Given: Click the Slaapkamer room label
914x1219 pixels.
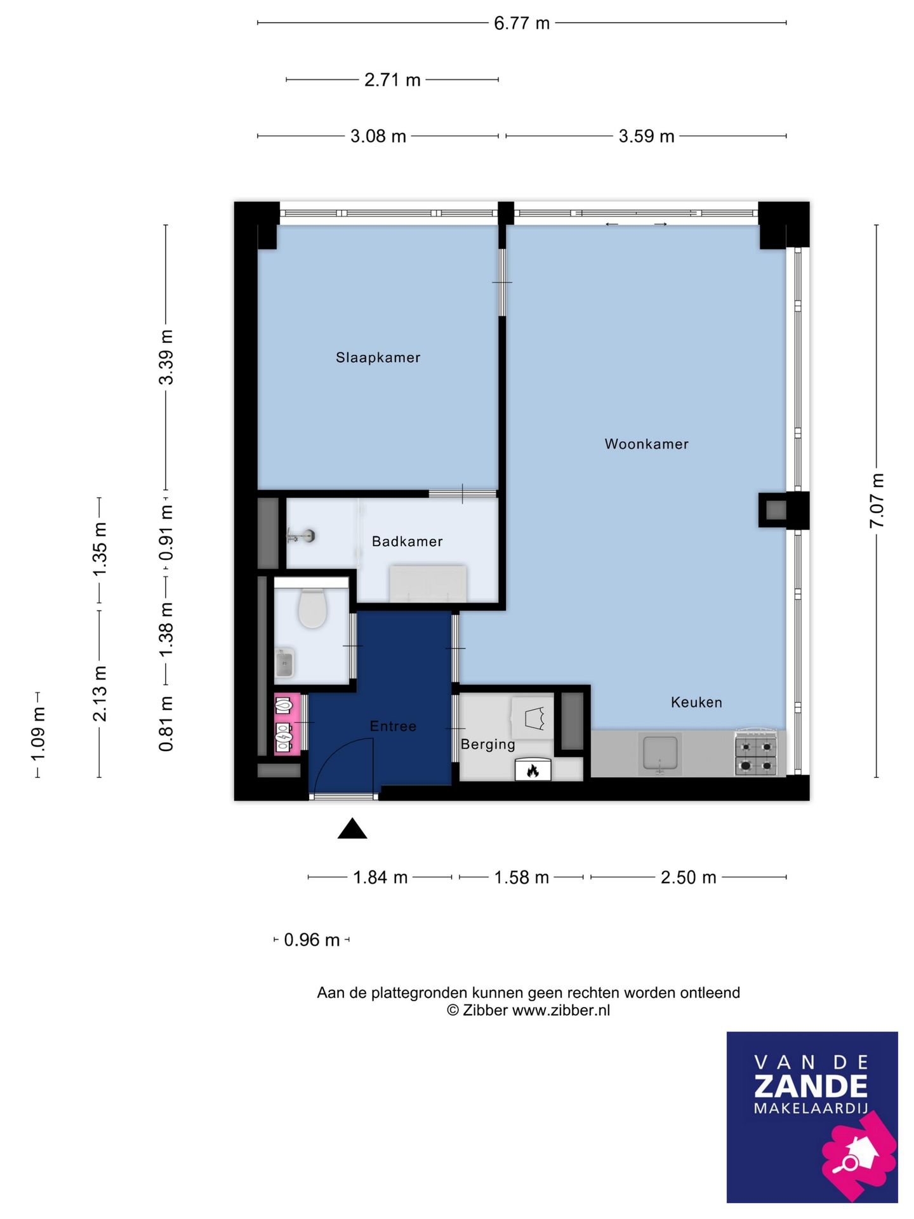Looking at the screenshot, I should click(378, 357).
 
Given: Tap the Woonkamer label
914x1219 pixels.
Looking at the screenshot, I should click(646, 444).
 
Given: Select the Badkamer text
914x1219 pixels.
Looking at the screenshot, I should click(407, 542).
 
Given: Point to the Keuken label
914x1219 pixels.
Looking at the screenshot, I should click(696, 702).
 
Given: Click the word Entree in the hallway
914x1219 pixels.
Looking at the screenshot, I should click(393, 726).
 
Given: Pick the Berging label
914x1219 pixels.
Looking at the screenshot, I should click(487, 744).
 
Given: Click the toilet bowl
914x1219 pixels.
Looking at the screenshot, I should click(312, 608).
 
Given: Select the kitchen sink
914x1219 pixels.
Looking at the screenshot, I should click(660, 754).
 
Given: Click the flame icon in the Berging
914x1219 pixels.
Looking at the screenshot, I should click(533, 771).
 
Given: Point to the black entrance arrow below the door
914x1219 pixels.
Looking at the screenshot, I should click(352, 829).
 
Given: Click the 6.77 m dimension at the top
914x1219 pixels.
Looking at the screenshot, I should click(522, 23).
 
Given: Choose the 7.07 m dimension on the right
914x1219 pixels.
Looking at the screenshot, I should click(877, 500).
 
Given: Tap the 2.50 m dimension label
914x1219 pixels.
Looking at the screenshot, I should click(688, 877).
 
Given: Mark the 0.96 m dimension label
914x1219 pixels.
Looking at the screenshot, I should click(312, 940).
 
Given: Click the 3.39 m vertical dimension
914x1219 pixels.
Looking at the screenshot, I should click(166, 357).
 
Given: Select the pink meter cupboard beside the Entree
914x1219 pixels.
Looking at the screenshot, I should click(287, 724).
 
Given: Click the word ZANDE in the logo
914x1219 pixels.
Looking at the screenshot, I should click(811, 1086).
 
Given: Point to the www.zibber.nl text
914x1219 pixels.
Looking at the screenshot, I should click(560, 1010).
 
